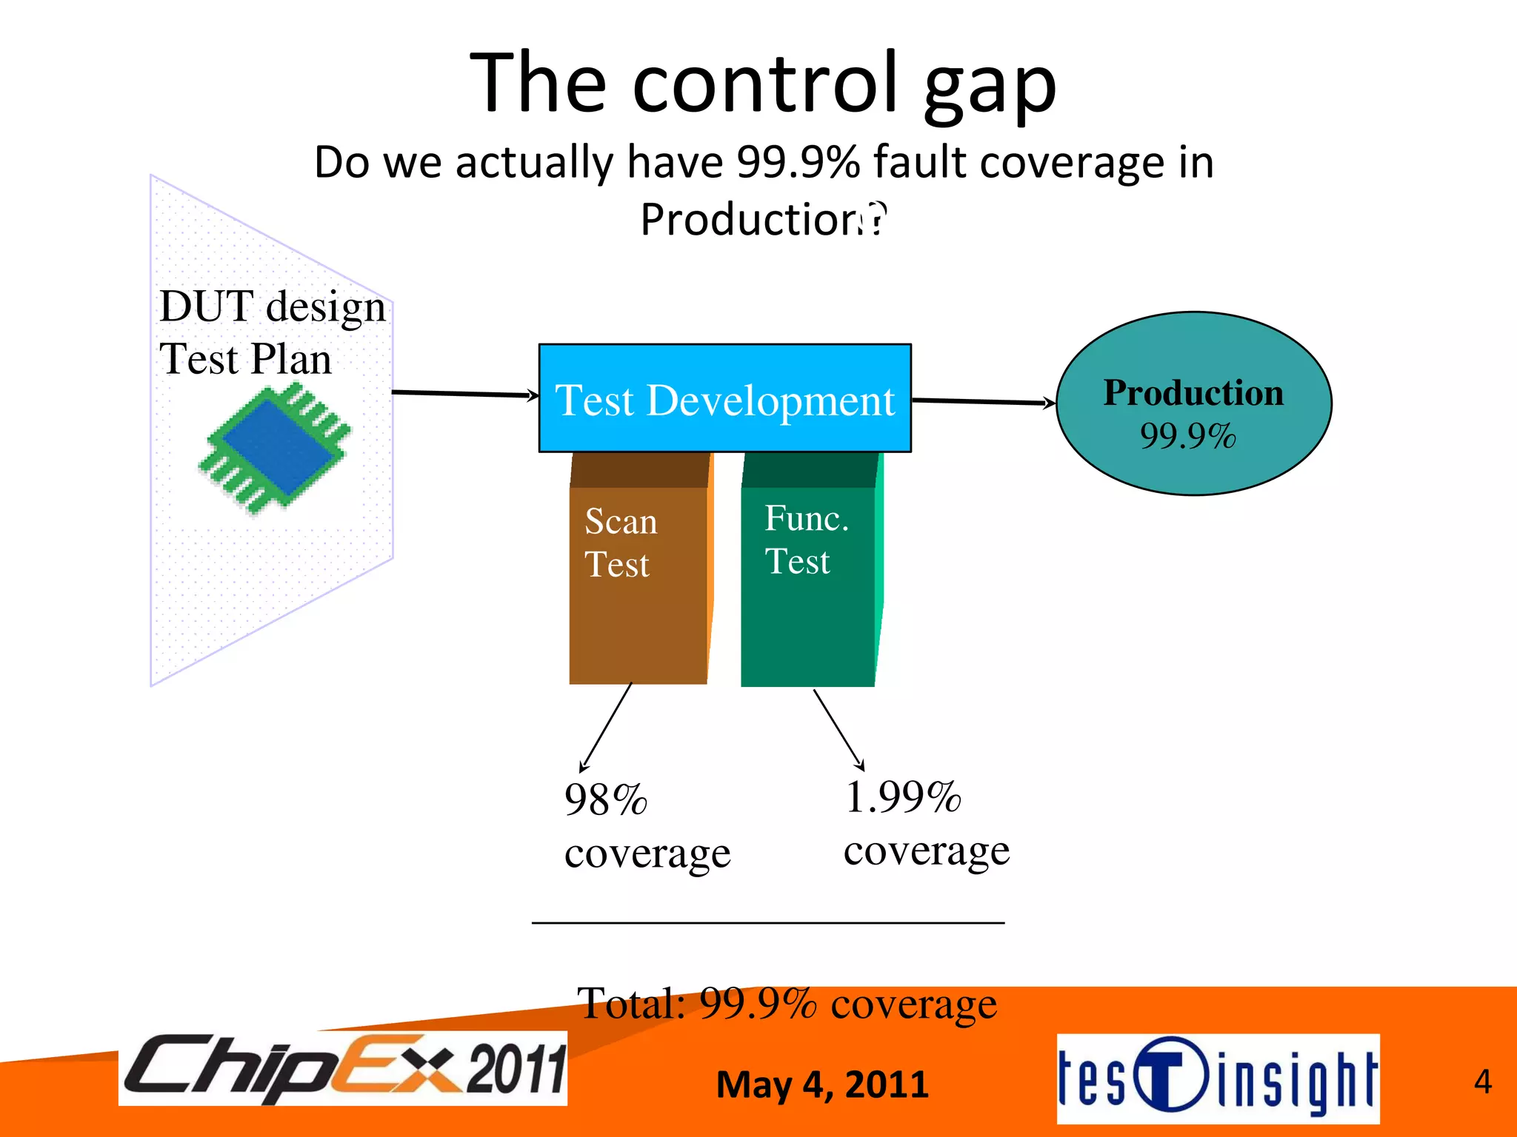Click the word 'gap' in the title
tap(989, 87)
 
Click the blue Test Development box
tap(724, 398)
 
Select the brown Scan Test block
tap(638, 585)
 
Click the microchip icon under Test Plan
tap(274, 448)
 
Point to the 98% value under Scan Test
tap(606, 800)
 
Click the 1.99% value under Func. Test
tap(903, 797)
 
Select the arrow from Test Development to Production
tap(983, 402)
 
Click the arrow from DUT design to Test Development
tap(464, 394)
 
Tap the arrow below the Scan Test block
tap(606, 728)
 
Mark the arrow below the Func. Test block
tap(838, 729)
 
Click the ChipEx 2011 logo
tap(343, 1067)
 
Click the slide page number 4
tap(1482, 1081)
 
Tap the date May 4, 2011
tap(822, 1084)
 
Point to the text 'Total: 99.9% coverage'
tap(787, 1004)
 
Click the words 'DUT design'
tap(273, 306)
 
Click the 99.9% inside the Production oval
tap(1187, 435)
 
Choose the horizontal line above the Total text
tap(768, 923)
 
